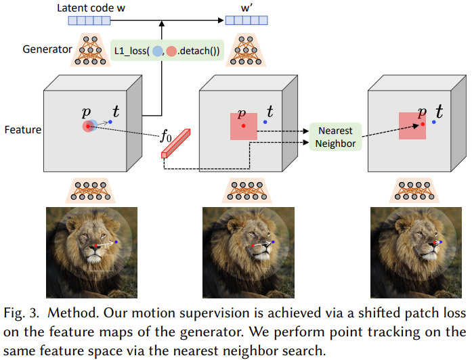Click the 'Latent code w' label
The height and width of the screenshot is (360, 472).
(x=91, y=8)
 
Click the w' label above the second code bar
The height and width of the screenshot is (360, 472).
(x=246, y=8)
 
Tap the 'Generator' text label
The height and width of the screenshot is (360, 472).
(x=47, y=49)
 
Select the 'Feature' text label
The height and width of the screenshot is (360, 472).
(x=23, y=130)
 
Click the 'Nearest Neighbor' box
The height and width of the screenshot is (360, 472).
(x=335, y=137)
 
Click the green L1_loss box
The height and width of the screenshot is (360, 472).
(x=167, y=51)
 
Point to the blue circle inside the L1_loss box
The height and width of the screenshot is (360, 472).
(x=157, y=51)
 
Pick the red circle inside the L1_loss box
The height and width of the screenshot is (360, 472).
(x=171, y=51)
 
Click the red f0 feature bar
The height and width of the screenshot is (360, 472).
(x=176, y=143)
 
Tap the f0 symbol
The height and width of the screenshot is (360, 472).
(x=166, y=135)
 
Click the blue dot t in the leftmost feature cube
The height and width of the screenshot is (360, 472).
(x=110, y=122)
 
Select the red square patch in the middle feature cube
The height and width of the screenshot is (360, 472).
(x=244, y=127)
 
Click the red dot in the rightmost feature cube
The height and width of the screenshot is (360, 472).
(x=423, y=125)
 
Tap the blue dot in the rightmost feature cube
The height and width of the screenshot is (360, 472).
(x=434, y=122)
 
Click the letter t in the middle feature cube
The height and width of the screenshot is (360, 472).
(x=270, y=111)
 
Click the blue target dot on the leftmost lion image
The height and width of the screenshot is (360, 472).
(x=116, y=242)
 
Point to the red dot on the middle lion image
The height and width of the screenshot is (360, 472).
(x=253, y=246)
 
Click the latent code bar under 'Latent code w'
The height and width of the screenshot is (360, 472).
(x=89, y=20)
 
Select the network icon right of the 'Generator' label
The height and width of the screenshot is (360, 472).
(x=90, y=50)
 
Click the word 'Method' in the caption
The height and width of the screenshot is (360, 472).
(x=73, y=313)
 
